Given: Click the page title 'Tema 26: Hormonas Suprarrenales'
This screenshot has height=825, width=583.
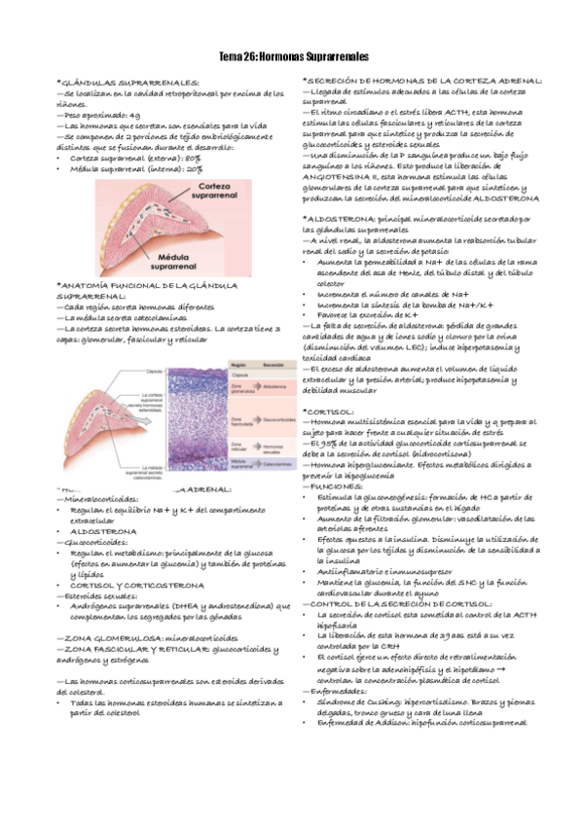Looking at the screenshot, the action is click(292, 57).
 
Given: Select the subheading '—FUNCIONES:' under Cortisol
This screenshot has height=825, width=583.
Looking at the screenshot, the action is click(334, 484).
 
